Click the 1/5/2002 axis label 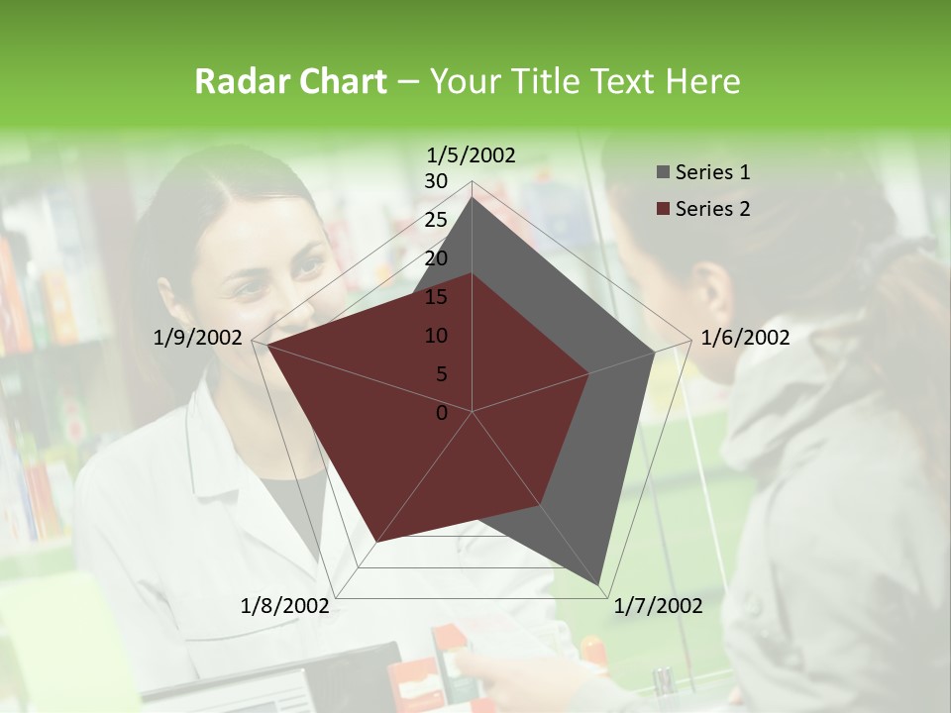(x=472, y=154)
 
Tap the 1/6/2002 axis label (x=745, y=338)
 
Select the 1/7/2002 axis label (x=658, y=606)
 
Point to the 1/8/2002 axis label (x=285, y=606)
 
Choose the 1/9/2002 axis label (x=198, y=338)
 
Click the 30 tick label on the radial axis (x=436, y=181)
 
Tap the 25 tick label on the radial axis (x=436, y=220)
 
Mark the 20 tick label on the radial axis (x=436, y=258)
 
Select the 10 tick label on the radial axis (x=436, y=336)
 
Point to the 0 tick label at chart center (x=442, y=413)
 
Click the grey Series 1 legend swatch (x=663, y=172)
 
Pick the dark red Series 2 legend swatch (x=663, y=209)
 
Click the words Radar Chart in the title (x=290, y=81)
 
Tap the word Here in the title (x=702, y=81)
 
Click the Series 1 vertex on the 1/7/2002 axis (x=598, y=584)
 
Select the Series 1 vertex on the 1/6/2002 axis (x=654, y=352)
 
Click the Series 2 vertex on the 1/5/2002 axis (x=472, y=273)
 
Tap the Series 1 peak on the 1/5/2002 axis (x=472, y=197)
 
